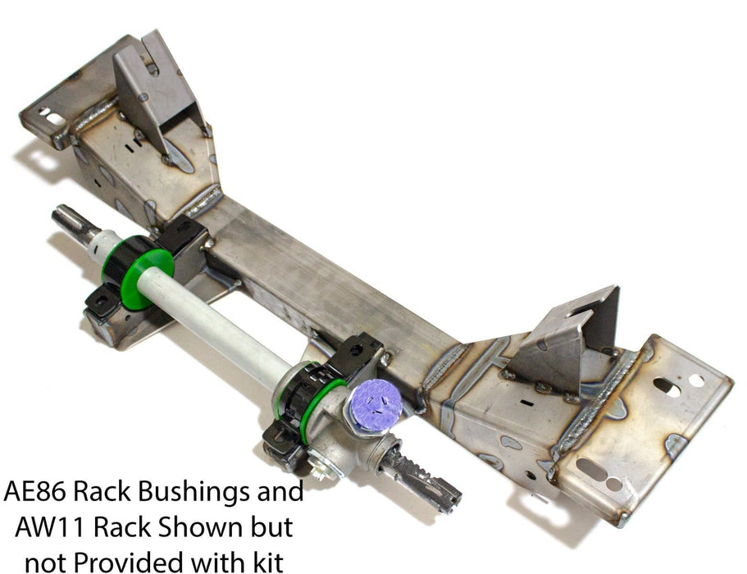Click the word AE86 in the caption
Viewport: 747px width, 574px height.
pos(34,492)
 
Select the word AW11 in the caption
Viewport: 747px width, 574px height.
pos(50,527)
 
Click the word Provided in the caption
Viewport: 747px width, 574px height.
pos(130,563)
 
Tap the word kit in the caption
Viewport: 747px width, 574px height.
pos(267,562)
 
